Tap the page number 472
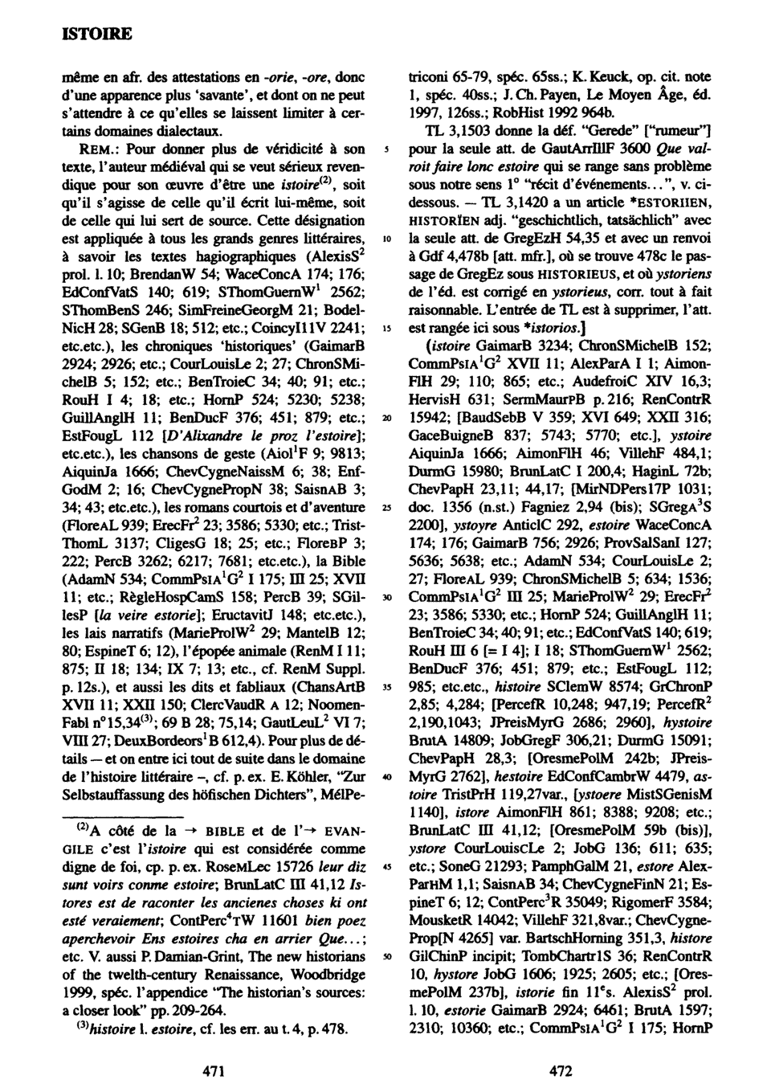pyautogui.click(x=559, y=1070)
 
